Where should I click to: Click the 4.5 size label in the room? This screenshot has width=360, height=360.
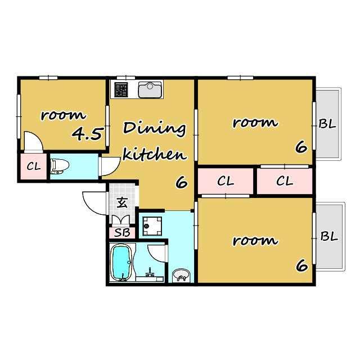click(x=87, y=134)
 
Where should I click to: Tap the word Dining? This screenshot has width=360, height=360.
click(x=154, y=129)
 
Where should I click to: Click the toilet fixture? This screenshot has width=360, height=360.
click(x=60, y=166)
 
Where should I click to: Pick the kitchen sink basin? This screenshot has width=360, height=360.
click(x=150, y=90)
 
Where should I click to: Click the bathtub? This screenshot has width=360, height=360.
click(x=122, y=262)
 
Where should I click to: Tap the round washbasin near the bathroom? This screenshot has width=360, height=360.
click(x=181, y=275)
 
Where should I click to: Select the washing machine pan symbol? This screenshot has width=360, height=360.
click(x=152, y=226)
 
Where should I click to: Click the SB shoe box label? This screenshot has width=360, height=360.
click(x=122, y=233)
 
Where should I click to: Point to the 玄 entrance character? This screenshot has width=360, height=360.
click(x=122, y=202)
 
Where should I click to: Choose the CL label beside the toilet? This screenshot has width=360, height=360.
click(x=34, y=166)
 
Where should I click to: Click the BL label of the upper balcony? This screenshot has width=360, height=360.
click(x=327, y=124)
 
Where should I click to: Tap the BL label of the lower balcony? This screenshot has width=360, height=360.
click(x=329, y=236)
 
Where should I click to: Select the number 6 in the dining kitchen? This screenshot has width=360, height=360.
click(x=182, y=183)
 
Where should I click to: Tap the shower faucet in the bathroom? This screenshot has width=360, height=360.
click(x=150, y=272)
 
